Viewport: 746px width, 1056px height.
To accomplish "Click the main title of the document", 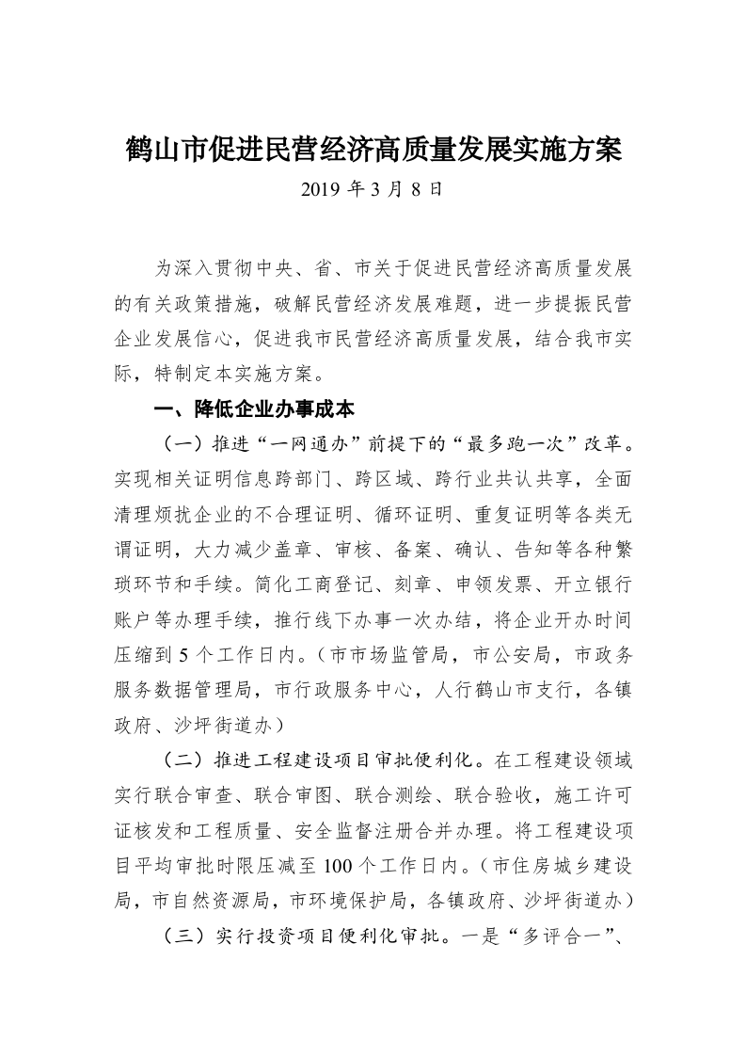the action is click(x=373, y=150).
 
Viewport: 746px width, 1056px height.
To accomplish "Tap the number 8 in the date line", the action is click(x=418, y=190).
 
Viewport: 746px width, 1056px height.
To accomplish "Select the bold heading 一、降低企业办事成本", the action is click(x=253, y=411).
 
